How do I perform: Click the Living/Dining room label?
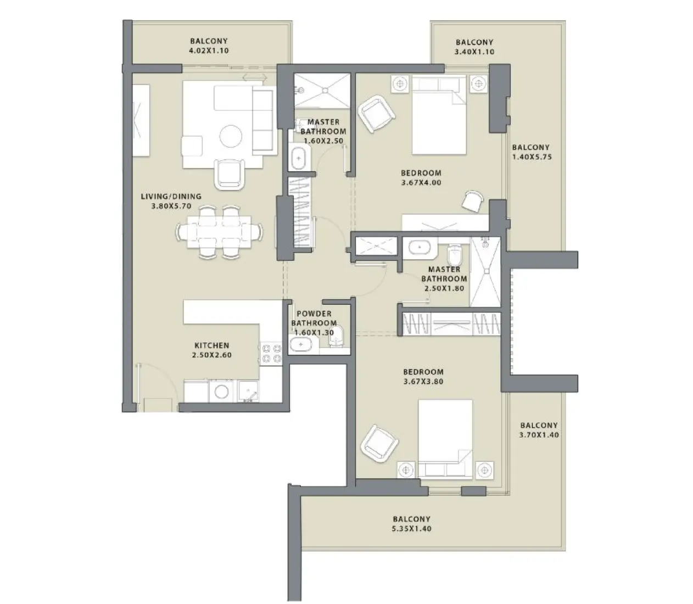[171, 196]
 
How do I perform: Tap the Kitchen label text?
[211, 345]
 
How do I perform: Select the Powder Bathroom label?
[314, 318]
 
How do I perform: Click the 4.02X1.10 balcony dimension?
[208, 51]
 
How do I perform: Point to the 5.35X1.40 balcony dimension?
[411, 529]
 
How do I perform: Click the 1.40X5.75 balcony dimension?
[532, 157]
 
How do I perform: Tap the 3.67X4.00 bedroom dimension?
[421, 183]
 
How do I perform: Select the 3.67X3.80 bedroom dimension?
[423, 382]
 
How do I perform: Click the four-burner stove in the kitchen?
[270, 353]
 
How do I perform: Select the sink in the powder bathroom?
[300, 345]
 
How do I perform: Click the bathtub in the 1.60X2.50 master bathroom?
[299, 158]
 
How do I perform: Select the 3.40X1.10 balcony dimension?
[474, 52]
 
